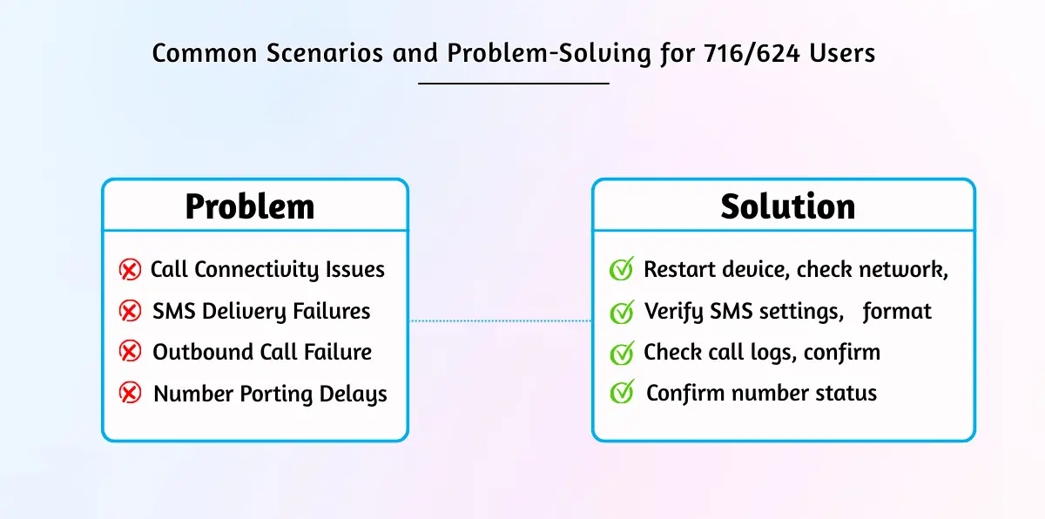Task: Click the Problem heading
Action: click(250, 206)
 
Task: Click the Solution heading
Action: click(788, 206)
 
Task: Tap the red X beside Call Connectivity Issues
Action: click(130, 270)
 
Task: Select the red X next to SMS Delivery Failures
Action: click(130, 311)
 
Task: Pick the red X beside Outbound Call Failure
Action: click(130, 352)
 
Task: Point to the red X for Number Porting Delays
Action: click(130, 393)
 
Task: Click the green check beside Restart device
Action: click(622, 268)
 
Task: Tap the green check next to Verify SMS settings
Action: click(622, 312)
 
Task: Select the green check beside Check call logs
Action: click(622, 353)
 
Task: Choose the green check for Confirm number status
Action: click(622, 392)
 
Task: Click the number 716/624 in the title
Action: click(752, 53)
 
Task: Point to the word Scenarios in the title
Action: click(325, 53)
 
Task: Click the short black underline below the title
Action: click(514, 84)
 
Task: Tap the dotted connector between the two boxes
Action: click(500, 320)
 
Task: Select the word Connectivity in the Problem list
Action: click(257, 270)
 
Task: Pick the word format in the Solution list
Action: click(897, 312)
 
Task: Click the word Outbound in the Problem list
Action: click(202, 352)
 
